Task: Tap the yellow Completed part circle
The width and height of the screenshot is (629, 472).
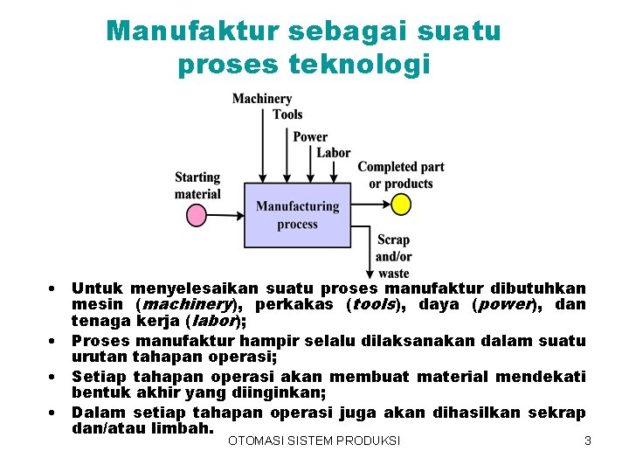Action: coord(400,205)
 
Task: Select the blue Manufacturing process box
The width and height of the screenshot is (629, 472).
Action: coord(297,215)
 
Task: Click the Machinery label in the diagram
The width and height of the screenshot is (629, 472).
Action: coord(262,99)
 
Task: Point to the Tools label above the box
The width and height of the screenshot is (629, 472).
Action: coord(287,115)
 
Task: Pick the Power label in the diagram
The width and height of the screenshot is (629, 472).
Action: coord(310,137)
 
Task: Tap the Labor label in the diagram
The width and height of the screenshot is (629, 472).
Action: coord(334,153)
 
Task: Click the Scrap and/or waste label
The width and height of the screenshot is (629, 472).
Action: coord(393,256)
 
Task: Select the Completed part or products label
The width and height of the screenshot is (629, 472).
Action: coord(401,176)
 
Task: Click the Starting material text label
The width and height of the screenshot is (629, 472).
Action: coord(197,185)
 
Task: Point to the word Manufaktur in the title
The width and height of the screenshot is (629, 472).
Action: coord(190,31)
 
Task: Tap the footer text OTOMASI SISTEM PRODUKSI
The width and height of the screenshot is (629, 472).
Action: coord(314,441)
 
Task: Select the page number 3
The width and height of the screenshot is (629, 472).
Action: coord(588,441)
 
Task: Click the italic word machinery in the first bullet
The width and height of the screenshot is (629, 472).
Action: coord(185,305)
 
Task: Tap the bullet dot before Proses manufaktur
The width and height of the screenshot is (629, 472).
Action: coord(53,340)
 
